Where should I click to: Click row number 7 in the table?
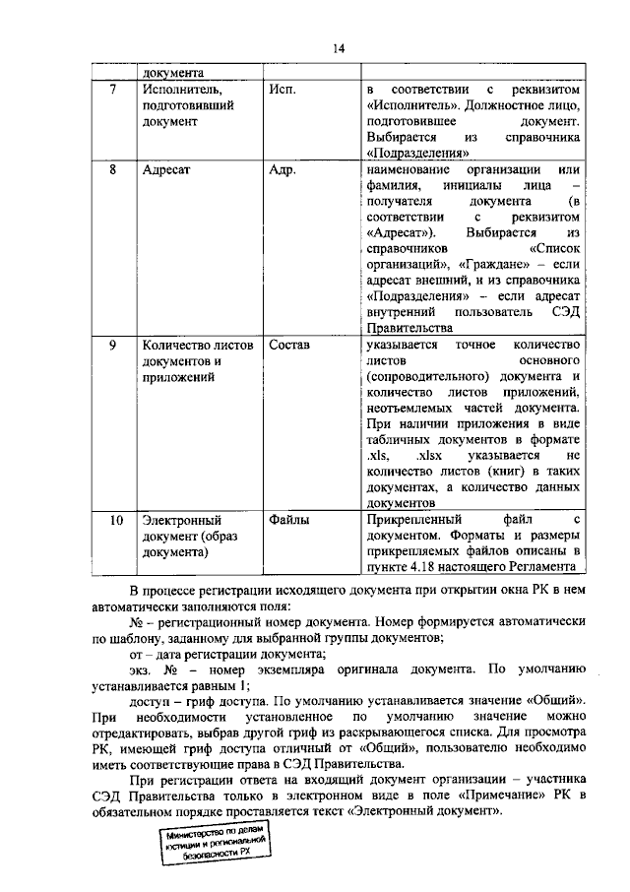[x=113, y=90]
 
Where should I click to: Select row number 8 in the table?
[x=113, y=169]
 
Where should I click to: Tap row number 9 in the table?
[x=113, y=345]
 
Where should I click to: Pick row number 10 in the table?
[x=115, y=519]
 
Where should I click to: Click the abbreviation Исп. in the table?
[x=283, y=90]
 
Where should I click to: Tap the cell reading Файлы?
[x=289, y=519]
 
